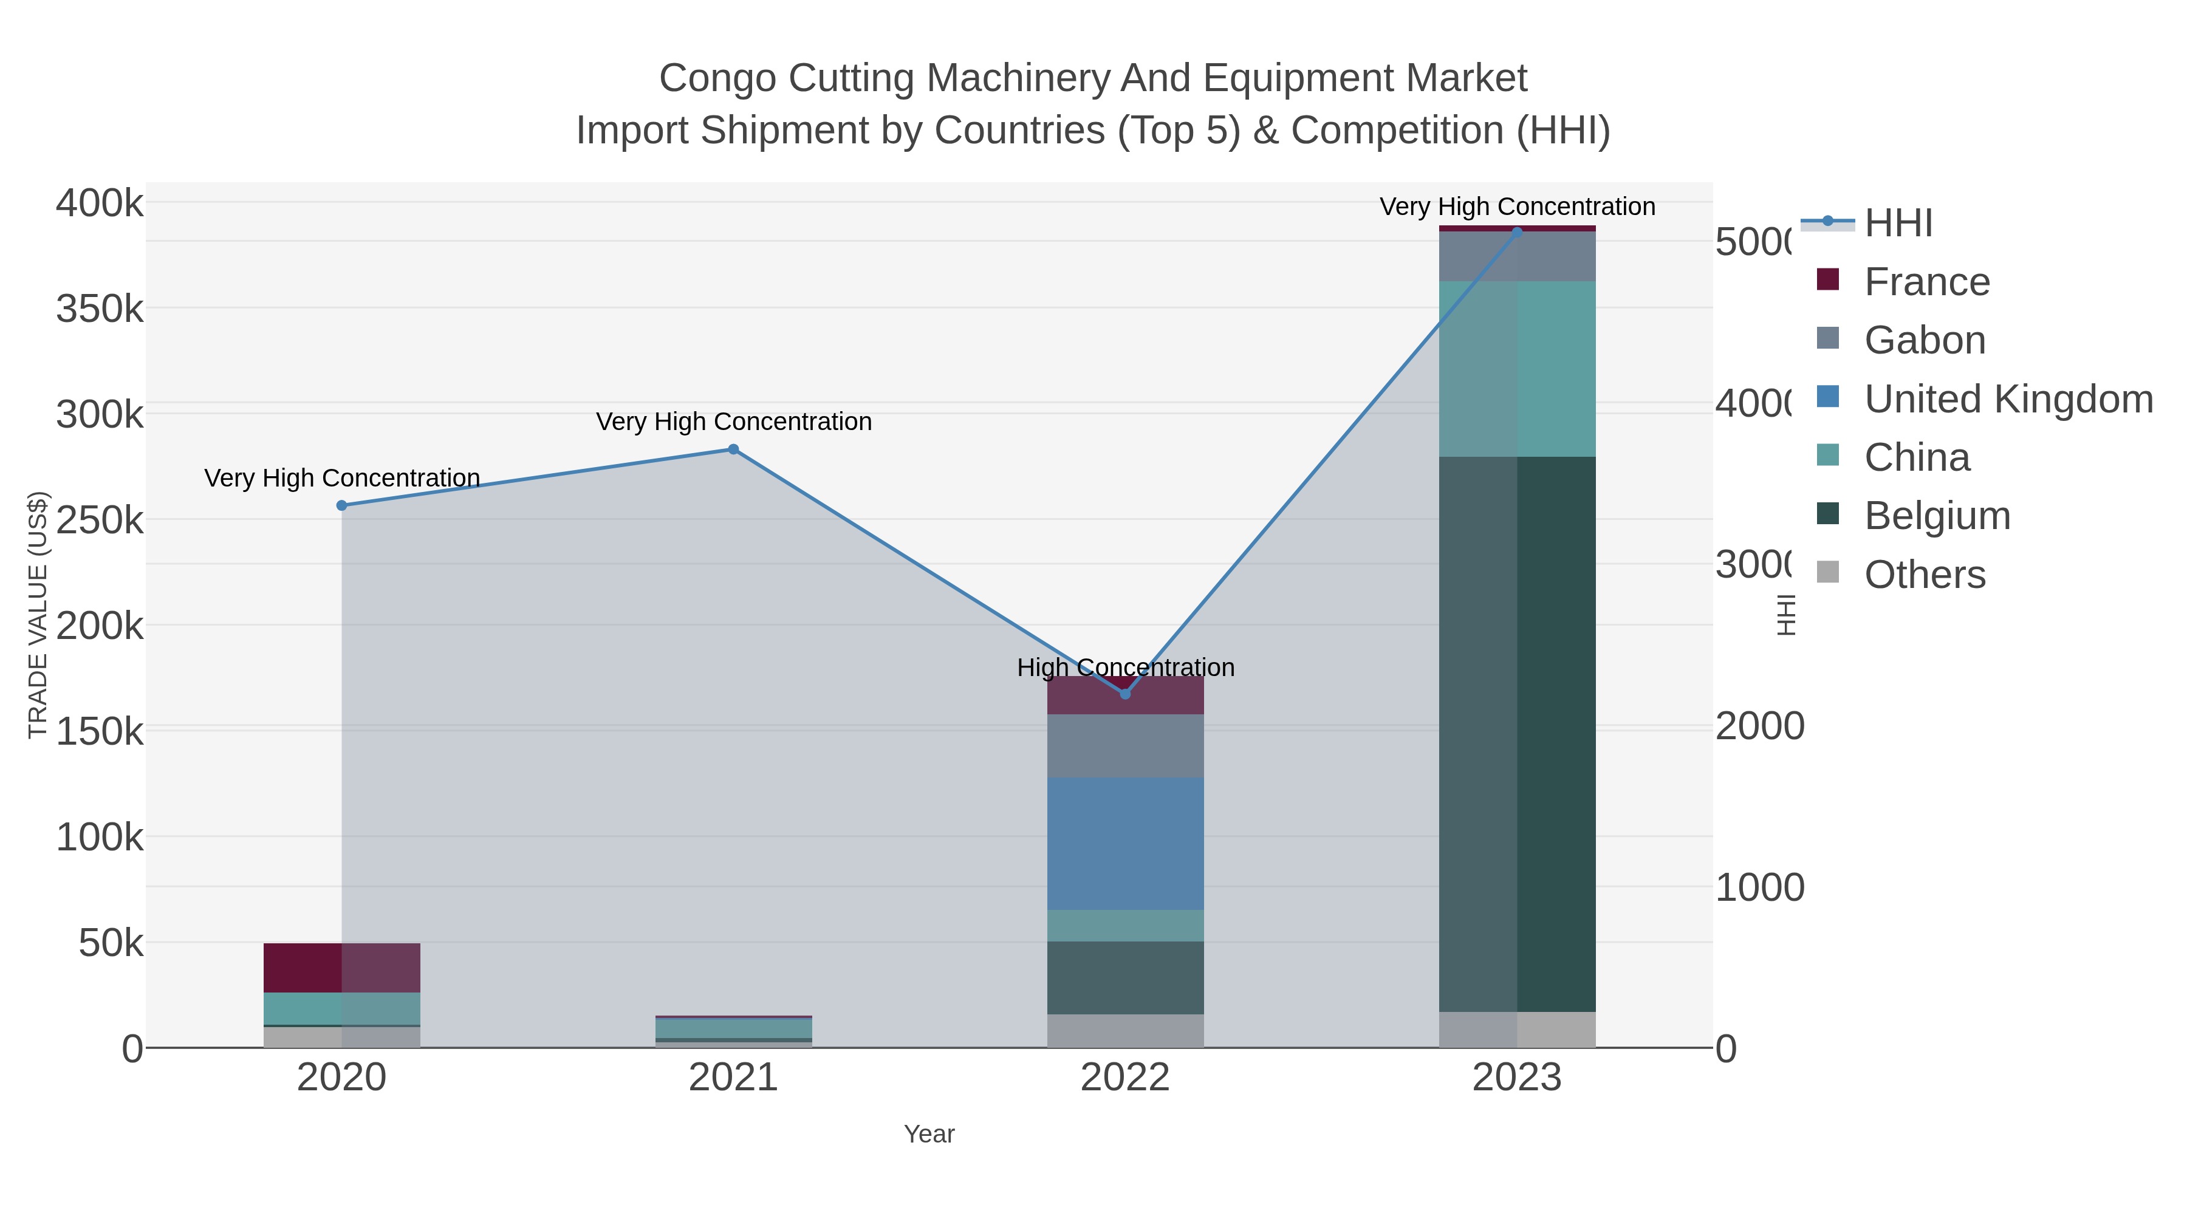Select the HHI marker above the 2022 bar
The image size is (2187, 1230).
tap(1125, 694)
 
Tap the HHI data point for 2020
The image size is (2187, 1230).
tap(342, 505)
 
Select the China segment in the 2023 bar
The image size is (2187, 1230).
tap(1517, 369)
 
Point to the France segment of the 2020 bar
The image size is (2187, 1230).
tap(342, 967)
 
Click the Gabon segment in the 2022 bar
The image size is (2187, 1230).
tap(1125, 745)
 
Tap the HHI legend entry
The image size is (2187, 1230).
tap(1898, 224)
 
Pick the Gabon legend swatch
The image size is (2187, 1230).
tap(1828, 338)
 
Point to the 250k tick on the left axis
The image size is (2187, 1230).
tap(100, 521)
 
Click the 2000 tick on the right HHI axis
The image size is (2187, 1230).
tap(1759, 726)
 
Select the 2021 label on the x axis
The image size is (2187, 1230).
tap(733, 1078)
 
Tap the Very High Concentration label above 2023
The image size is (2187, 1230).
tap(1517, 207)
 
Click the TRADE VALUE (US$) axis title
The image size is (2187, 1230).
tap(38, 615)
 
